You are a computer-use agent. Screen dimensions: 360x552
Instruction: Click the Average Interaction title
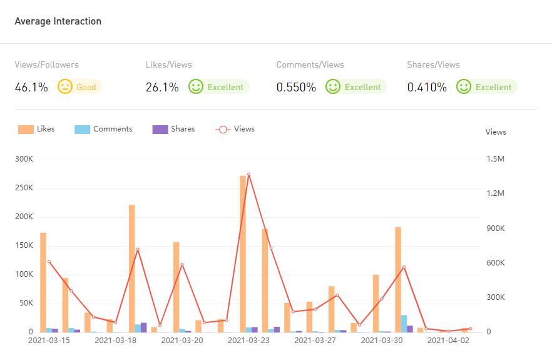58,21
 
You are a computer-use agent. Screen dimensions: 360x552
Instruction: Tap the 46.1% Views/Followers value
31,87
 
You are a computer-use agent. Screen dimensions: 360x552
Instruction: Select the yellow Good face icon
65,86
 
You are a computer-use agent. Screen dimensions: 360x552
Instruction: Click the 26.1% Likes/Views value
162,87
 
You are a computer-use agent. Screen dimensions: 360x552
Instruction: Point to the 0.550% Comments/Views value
296,87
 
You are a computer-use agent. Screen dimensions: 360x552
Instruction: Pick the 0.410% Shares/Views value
427,87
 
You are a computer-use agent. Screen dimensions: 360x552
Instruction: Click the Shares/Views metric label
433,64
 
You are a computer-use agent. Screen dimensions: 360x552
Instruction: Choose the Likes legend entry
37,129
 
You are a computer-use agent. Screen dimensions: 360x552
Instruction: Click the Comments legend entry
104,129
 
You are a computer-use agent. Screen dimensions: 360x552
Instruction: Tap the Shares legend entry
174,129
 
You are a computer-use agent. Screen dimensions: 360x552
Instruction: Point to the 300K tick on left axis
24,159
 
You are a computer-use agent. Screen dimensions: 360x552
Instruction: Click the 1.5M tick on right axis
495,159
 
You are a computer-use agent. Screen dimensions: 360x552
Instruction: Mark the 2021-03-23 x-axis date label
248,341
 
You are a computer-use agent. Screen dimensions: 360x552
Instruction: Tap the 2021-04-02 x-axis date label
448,341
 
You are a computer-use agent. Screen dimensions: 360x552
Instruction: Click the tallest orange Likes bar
243,250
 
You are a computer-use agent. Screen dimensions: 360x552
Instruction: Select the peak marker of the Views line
248,174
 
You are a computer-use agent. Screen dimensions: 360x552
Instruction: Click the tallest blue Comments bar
404,323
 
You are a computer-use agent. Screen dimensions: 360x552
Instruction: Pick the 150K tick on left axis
24,245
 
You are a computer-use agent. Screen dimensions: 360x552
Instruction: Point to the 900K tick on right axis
496,229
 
